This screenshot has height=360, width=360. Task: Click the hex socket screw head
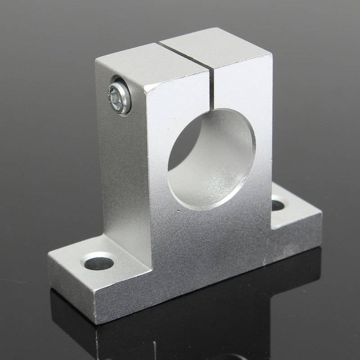click(x=119, y=96)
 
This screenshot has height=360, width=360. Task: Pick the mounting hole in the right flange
click(x=277, y=206)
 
